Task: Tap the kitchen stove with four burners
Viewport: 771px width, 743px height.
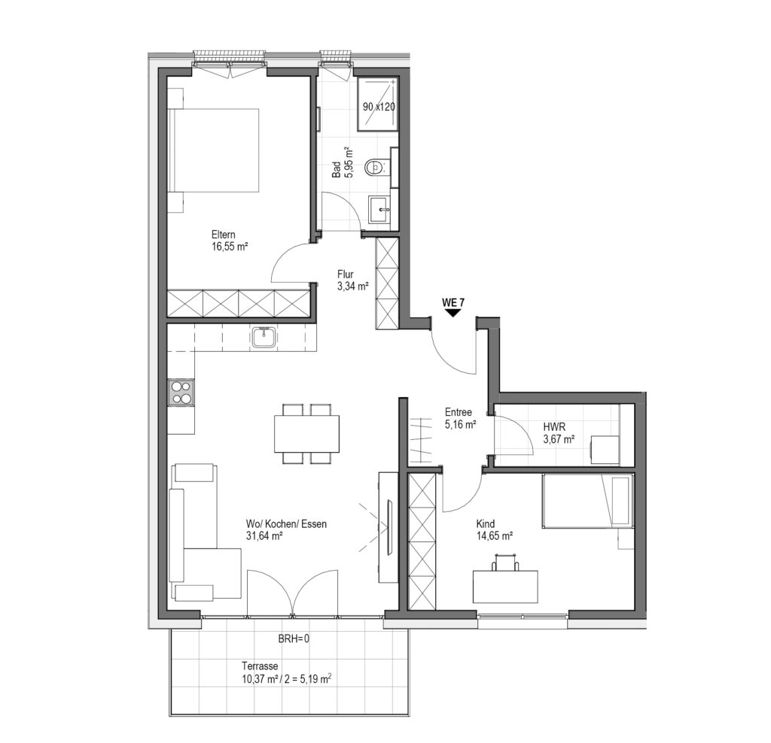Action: (x=181, y=393)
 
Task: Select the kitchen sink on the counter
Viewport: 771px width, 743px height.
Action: (x=265, y=338)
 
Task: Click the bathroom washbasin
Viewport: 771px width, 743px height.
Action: (x=379, y=209)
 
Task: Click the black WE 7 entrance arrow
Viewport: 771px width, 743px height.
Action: (x=453, y=313)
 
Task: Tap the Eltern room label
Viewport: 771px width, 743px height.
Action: (x=223, y=235)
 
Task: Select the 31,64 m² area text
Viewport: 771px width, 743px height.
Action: (x=264, y=536)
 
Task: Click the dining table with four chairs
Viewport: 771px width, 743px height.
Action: (x=307, y=434)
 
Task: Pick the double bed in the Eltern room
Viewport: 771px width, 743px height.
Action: (x=214, y=150)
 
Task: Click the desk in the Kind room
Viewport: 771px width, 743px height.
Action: (x=505, y=587)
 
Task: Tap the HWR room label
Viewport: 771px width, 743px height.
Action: (x=554, y=427)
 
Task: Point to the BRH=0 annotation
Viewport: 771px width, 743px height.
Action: (x=294, y=639)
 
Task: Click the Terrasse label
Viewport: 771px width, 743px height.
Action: (x=260, y=666)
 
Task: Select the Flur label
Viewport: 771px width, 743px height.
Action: (x=345, y=274)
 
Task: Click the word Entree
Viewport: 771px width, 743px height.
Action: (x=459, y=413)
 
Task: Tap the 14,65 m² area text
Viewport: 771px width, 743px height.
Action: (x=495, y=535)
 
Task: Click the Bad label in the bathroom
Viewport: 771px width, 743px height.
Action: (x=337, y=169)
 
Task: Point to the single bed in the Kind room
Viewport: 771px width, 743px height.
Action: (x=586, y=501)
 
